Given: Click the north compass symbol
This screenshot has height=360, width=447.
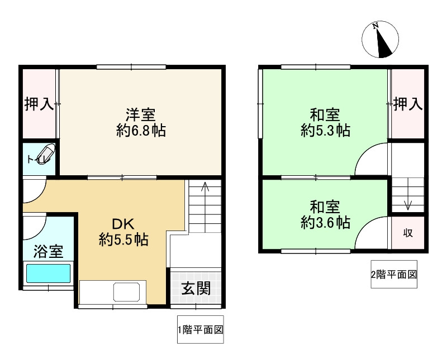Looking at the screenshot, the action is click(x=380, y=40).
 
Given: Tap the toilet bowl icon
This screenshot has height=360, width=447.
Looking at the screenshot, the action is click(x=46, y=154).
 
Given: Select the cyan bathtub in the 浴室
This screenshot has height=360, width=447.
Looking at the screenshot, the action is click(x=49, y=273).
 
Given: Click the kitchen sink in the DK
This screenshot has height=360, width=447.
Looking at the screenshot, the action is click(x=127, y=292).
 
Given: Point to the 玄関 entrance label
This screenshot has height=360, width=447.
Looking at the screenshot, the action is click(x=197, y=288).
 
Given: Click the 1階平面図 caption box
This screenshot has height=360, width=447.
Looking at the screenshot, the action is click(x=201, y=329).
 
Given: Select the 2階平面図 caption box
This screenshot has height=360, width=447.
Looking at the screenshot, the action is click(x=394, y=274).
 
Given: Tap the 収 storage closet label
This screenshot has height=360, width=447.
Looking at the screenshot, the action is click(x=408, y=233).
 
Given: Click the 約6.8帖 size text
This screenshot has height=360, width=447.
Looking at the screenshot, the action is click(x=141, y=131).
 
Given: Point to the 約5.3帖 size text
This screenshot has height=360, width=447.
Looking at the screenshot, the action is click(x=326, y=131).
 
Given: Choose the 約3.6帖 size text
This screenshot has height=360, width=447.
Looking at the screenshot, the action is click(x=326, y=223).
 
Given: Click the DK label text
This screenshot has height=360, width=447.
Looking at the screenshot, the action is click(x=123, y=224).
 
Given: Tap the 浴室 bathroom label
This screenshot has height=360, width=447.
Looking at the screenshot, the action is click(x=49, y=252).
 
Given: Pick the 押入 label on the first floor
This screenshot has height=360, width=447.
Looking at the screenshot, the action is click(x=39, y=104).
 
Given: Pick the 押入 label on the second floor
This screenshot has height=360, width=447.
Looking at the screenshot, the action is click(x=408, y=104).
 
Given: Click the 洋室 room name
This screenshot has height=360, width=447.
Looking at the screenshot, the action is click(x=141, y=115).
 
